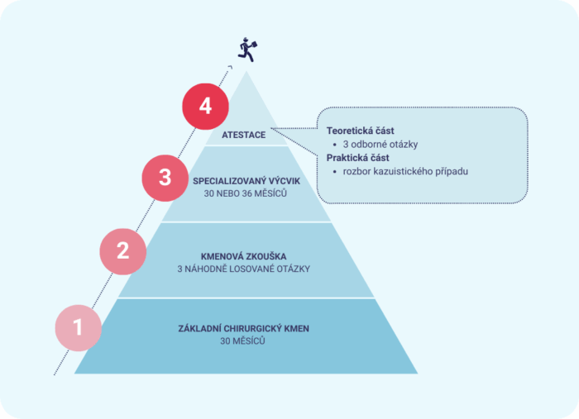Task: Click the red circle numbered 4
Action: point(205,107)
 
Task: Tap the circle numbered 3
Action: point(165,178)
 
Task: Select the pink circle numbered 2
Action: point(123,251)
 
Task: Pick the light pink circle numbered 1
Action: point(79,327)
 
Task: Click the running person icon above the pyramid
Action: point(247,50)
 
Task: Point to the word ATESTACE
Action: point(244,135)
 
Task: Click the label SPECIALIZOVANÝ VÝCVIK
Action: point(246,181)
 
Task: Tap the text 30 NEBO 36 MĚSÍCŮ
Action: point(245,193)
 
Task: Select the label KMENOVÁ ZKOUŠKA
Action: point(244,256)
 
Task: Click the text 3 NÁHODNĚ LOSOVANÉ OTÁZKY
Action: point(244,269)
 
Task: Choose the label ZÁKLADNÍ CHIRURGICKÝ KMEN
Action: point(244,329)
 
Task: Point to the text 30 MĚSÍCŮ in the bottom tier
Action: point(242,340)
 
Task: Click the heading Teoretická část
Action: point(360,131)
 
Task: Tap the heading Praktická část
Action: point(357,158)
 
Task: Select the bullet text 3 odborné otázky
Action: point(380,145)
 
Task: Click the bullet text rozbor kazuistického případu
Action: point(405,172)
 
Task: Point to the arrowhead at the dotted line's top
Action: point(231,67)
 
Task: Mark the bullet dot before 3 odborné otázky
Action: point(334,145)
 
